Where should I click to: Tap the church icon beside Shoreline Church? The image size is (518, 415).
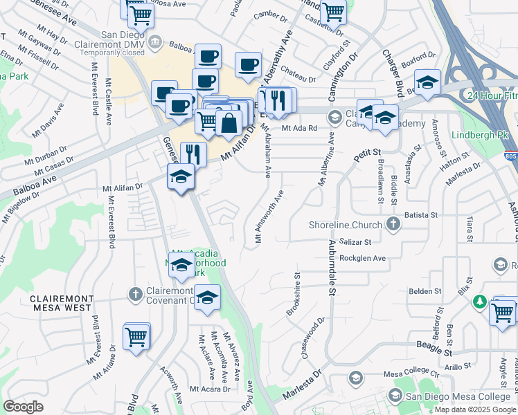pos(393,223)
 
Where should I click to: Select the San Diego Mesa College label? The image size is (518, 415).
pos(458,396)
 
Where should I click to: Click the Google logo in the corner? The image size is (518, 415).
pos(24,407)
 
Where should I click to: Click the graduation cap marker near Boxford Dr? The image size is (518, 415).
pos(428,82)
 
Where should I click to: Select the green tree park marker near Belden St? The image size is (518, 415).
pos(479,302)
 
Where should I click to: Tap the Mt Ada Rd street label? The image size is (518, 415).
pos(299,128)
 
